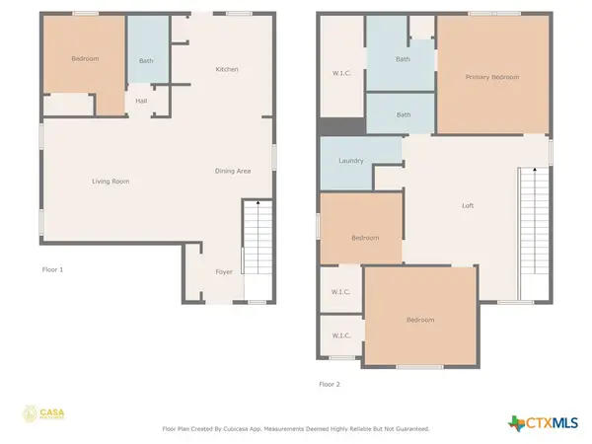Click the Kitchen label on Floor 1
coord(228,69)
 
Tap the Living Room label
coord(111,182)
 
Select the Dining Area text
coord(233,172)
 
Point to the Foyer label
coord(224,271)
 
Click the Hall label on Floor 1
coord(142,100)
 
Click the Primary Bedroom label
coord(492,77)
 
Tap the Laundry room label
coord(351,161)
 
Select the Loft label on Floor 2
coord(469,206)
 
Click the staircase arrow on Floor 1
coord(259,204)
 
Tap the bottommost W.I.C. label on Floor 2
coord(341,336)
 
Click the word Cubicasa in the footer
coord(257,429)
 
